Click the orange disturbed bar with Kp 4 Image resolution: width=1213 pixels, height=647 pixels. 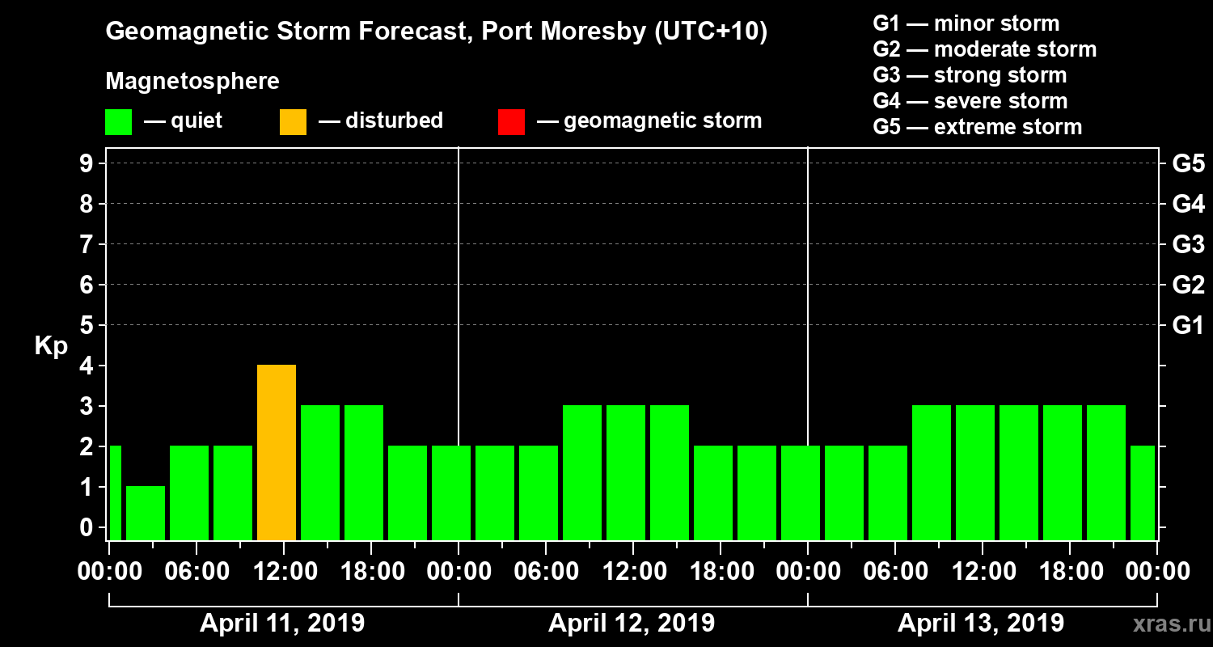(277, 452)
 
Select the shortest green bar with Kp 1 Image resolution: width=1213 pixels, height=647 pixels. (146, 513)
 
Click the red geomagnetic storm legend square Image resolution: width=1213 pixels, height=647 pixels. (511, 121)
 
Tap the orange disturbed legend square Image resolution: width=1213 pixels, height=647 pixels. (293, 121)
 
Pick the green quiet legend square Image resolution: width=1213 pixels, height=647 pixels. (118, 121)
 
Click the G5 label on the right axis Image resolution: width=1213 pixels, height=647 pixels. (1188, 163)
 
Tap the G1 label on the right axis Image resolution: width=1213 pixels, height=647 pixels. (1188, 325)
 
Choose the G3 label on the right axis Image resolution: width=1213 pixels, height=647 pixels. (1188, 244)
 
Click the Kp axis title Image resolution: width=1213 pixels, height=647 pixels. (51, 346)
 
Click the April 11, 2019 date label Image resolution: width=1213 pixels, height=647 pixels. (282, 624)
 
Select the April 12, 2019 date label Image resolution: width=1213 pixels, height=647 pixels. (632, 624)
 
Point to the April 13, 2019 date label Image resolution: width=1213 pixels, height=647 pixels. (981, 624)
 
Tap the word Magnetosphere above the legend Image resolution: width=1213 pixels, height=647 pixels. (192, 82)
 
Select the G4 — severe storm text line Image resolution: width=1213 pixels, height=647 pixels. (970, 101)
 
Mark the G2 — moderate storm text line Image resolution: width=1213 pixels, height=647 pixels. (985, 49)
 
